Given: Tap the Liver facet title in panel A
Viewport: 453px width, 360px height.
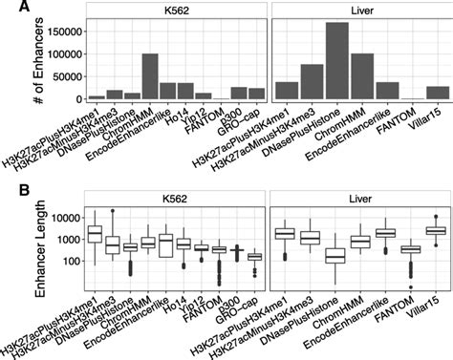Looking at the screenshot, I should (361, 14).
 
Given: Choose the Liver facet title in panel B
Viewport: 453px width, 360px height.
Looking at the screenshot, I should (361, 199).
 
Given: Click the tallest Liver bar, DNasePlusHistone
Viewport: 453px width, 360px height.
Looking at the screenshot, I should (336, 61).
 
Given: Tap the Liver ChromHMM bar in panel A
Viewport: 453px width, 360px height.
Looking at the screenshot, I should (361, 76).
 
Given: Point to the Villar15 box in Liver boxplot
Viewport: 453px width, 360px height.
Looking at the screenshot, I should (437, 231).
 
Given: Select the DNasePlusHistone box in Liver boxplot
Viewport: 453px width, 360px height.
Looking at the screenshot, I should (336, 256).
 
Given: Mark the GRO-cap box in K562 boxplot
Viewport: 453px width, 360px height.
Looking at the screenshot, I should (255, 256).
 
